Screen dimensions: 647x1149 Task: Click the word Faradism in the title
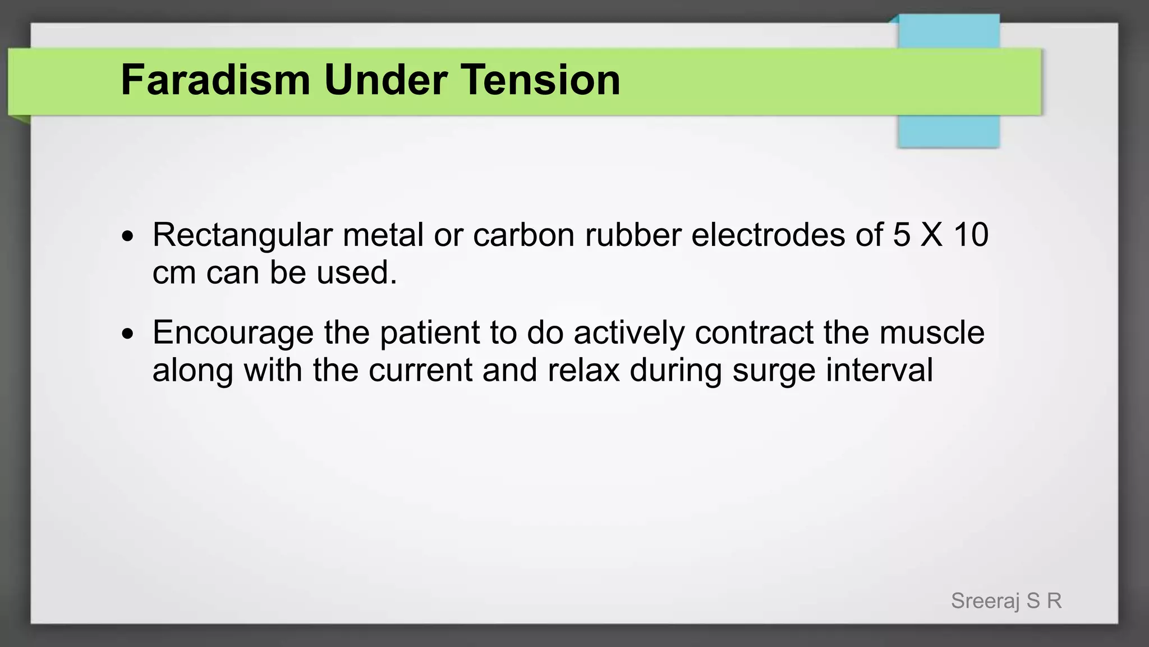(215, 80)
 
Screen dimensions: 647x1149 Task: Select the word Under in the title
(385, 80)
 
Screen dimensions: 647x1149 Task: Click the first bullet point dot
(128, 236)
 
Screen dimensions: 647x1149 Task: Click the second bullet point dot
(128, 334)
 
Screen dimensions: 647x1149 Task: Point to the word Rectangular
(242, 235)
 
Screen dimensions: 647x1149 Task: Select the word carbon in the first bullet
(523, 235)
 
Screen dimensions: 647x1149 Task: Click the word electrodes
(768, 235)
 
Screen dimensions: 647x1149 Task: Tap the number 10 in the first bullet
(971, 235)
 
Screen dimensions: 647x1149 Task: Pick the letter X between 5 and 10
(931, 235)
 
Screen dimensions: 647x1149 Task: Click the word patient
(430, 332)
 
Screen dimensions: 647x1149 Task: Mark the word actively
(629, 332)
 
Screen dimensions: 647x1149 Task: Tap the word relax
(583, 371)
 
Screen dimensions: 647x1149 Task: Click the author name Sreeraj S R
(1006, 601)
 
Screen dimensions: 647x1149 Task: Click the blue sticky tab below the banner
(948, 131)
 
